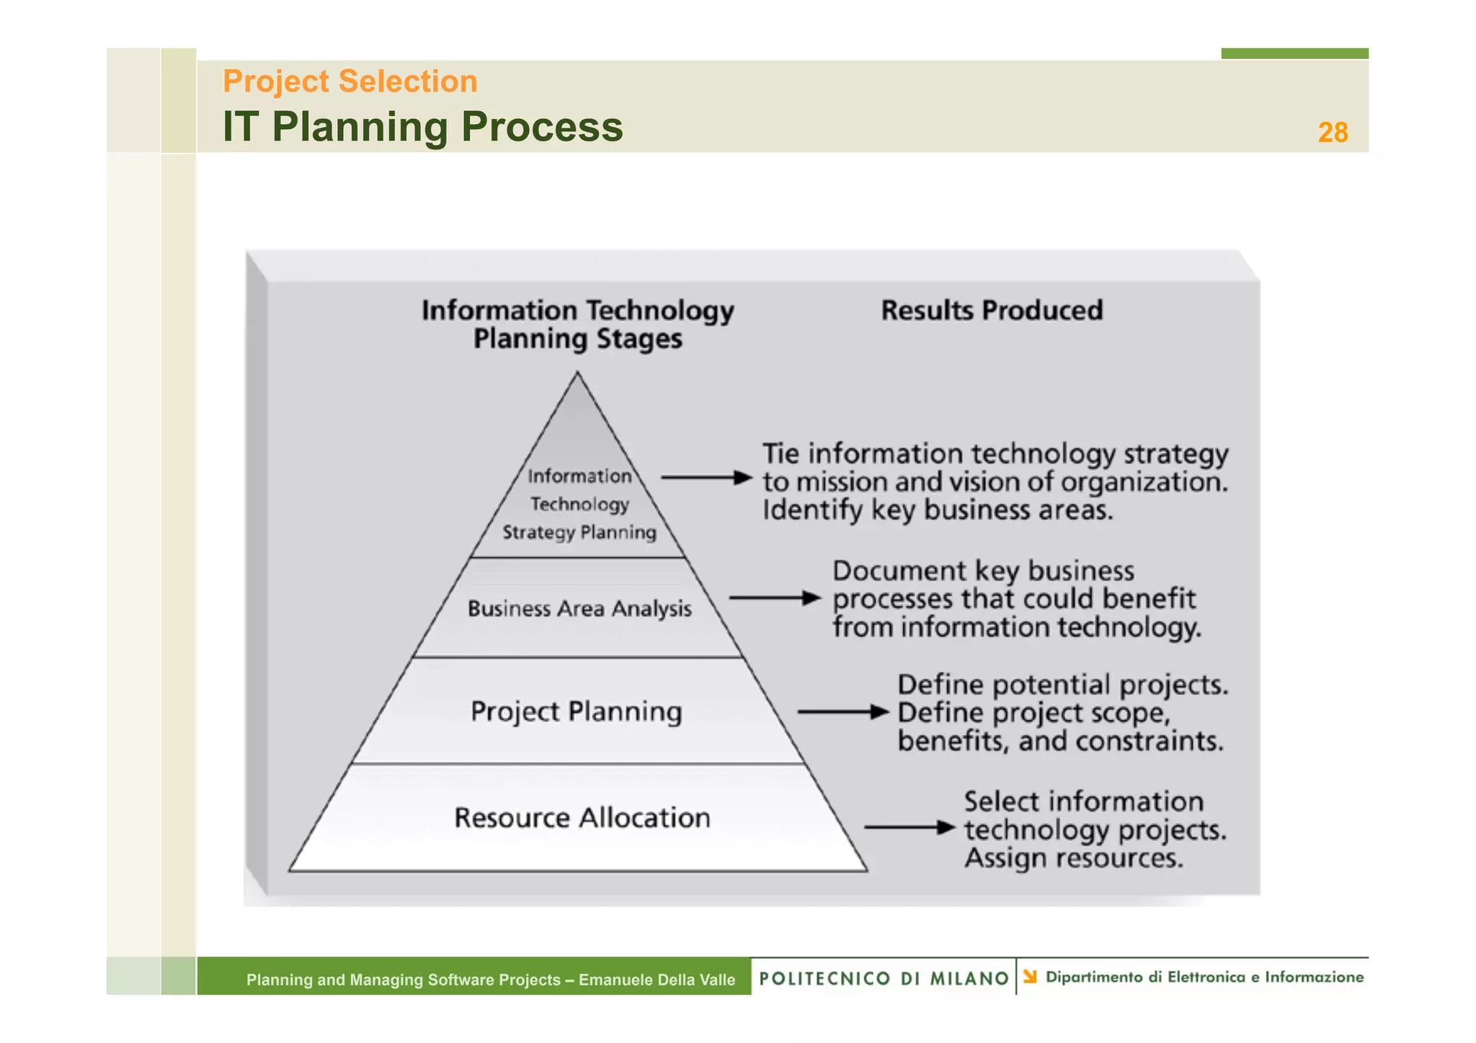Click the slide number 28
[1332, 133]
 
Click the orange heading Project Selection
[350, 81]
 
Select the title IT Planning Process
[422, 127]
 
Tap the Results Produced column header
[991, 311]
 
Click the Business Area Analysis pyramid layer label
[579, 609]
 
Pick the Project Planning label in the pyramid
[576, 711]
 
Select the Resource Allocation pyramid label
[582, 818]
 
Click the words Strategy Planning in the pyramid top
[579, 533]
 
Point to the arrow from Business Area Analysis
[774, 598]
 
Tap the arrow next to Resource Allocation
[910, 827]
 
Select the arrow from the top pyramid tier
[706, 477]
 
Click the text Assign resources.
[1073, 858]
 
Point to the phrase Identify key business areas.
[937, 510]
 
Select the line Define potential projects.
[1062, 685]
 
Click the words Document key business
[983, 571]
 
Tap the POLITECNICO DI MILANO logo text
[884, 978]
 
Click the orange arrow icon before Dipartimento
[1030, 977]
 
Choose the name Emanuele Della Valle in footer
[657, 980]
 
